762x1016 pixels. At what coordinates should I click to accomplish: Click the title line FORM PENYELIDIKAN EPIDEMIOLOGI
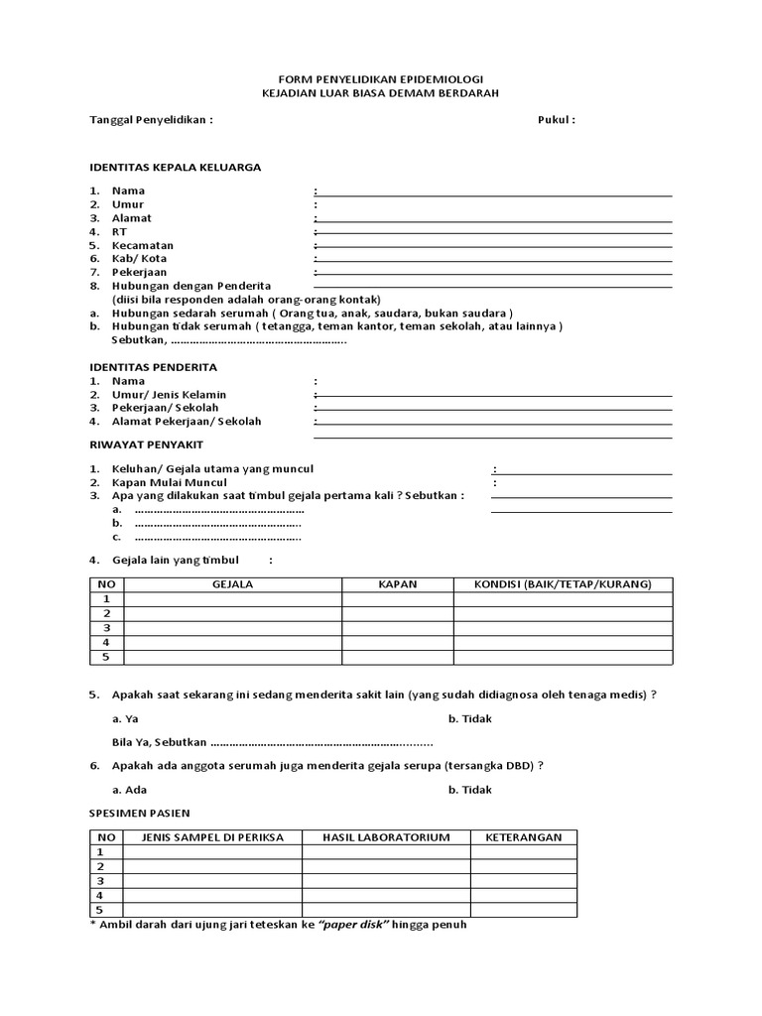[x=381, y=78]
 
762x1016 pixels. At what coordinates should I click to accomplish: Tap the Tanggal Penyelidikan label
[x=151, y=120]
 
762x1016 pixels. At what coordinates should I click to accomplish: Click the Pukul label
[x=556, y=120]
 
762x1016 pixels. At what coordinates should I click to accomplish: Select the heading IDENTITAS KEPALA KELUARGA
[x=176, y=168]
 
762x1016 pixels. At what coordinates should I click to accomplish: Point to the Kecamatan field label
[x=143, y=245]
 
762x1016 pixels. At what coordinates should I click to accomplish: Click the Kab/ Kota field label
[x=140, y=258]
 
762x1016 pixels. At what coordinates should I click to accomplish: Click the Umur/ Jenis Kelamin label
[x=169, y=395]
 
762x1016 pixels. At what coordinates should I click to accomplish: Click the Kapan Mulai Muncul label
[x=170, y=482]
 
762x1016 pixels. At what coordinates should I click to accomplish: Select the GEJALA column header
[x=233, y=584]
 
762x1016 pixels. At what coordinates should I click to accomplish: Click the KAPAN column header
[x=398, y=584]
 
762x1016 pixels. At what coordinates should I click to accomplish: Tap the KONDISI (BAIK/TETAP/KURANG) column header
[x=563, y=584]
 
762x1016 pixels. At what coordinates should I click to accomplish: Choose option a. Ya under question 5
[x=125, y=718]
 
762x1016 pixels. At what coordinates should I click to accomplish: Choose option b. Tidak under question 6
[x=469, y=790]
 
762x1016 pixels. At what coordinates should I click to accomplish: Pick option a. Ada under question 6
[x=128, y=790]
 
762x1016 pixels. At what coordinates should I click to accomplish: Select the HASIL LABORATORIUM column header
[x=386, y=837]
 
